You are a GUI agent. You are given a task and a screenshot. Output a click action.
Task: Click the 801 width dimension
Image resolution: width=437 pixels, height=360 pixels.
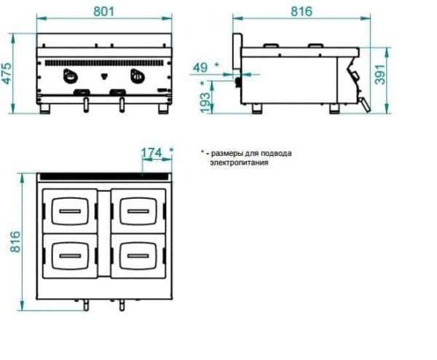(103, 12)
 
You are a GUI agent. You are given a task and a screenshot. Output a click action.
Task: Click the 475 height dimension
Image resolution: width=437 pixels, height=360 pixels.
(7, 74)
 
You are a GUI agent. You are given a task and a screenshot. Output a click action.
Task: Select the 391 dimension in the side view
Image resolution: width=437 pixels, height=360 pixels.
(380, 74)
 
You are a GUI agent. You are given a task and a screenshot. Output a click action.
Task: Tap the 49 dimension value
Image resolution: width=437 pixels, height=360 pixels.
(200, 68)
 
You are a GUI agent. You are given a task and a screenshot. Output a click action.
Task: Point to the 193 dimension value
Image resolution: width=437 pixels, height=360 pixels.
(205, 102)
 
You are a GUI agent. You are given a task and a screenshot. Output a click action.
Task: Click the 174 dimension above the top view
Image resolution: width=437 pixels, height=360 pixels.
(151, 153)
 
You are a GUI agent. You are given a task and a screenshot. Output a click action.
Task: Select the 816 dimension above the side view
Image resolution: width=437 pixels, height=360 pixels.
(302, 12)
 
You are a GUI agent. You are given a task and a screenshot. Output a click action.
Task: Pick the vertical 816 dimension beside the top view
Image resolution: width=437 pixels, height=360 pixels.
(15, 242)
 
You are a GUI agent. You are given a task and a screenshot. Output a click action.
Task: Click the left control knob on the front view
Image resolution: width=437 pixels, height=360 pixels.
(69, 76)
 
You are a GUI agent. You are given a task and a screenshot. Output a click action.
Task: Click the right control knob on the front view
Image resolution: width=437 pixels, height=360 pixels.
(137, 76)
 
